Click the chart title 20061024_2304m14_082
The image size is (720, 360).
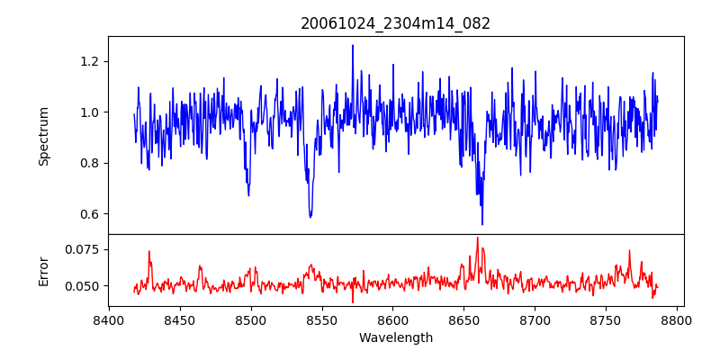[x=396, y=23]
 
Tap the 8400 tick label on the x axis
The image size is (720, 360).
[x=109, y=320]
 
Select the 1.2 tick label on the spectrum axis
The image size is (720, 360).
[x=94, y=61]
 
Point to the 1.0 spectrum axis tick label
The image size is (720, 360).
[x=94, y=112]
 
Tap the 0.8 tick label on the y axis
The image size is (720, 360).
[x=94, y=163]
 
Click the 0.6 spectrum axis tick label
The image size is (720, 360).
[x=94, y=214]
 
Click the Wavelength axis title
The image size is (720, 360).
[x=396, y=337]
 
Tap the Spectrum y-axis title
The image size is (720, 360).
[x=43, y=136]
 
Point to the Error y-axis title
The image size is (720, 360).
[x=43, y=270]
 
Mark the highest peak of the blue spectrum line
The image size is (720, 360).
[x=353, y=45]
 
